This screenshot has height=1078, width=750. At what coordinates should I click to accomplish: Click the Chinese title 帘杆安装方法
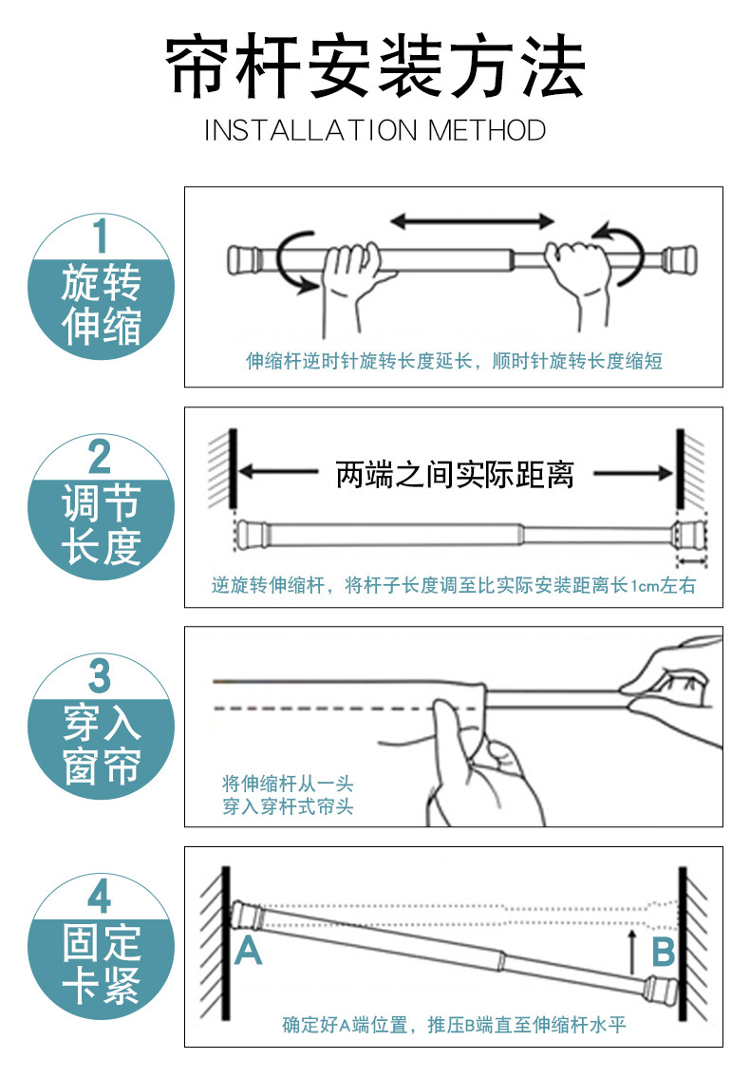click(375, 66)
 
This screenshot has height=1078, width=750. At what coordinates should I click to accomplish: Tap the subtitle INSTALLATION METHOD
click(375, 130)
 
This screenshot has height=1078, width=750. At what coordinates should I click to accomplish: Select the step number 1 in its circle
click(101, 236)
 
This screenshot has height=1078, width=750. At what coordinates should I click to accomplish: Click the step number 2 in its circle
click(101, 456)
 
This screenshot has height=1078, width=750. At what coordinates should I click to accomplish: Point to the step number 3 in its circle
click(101, 676)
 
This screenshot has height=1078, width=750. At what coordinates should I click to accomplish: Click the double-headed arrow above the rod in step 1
click(472, 220)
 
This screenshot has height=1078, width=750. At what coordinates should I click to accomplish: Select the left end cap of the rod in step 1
click(243, 260)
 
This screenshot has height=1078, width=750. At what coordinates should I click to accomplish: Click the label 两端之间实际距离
click(455, 474)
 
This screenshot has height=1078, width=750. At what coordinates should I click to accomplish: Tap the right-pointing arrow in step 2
click(633, 473)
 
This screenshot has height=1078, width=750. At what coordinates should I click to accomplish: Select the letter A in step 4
click(248, 951)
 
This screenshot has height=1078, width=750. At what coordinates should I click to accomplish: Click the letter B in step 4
click(664, 953)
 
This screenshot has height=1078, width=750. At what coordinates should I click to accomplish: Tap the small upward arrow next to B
click(633, 953)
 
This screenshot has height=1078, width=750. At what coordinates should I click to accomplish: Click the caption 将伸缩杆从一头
click(288, 783)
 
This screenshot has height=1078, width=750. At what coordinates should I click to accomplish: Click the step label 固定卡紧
click(101, 964)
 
